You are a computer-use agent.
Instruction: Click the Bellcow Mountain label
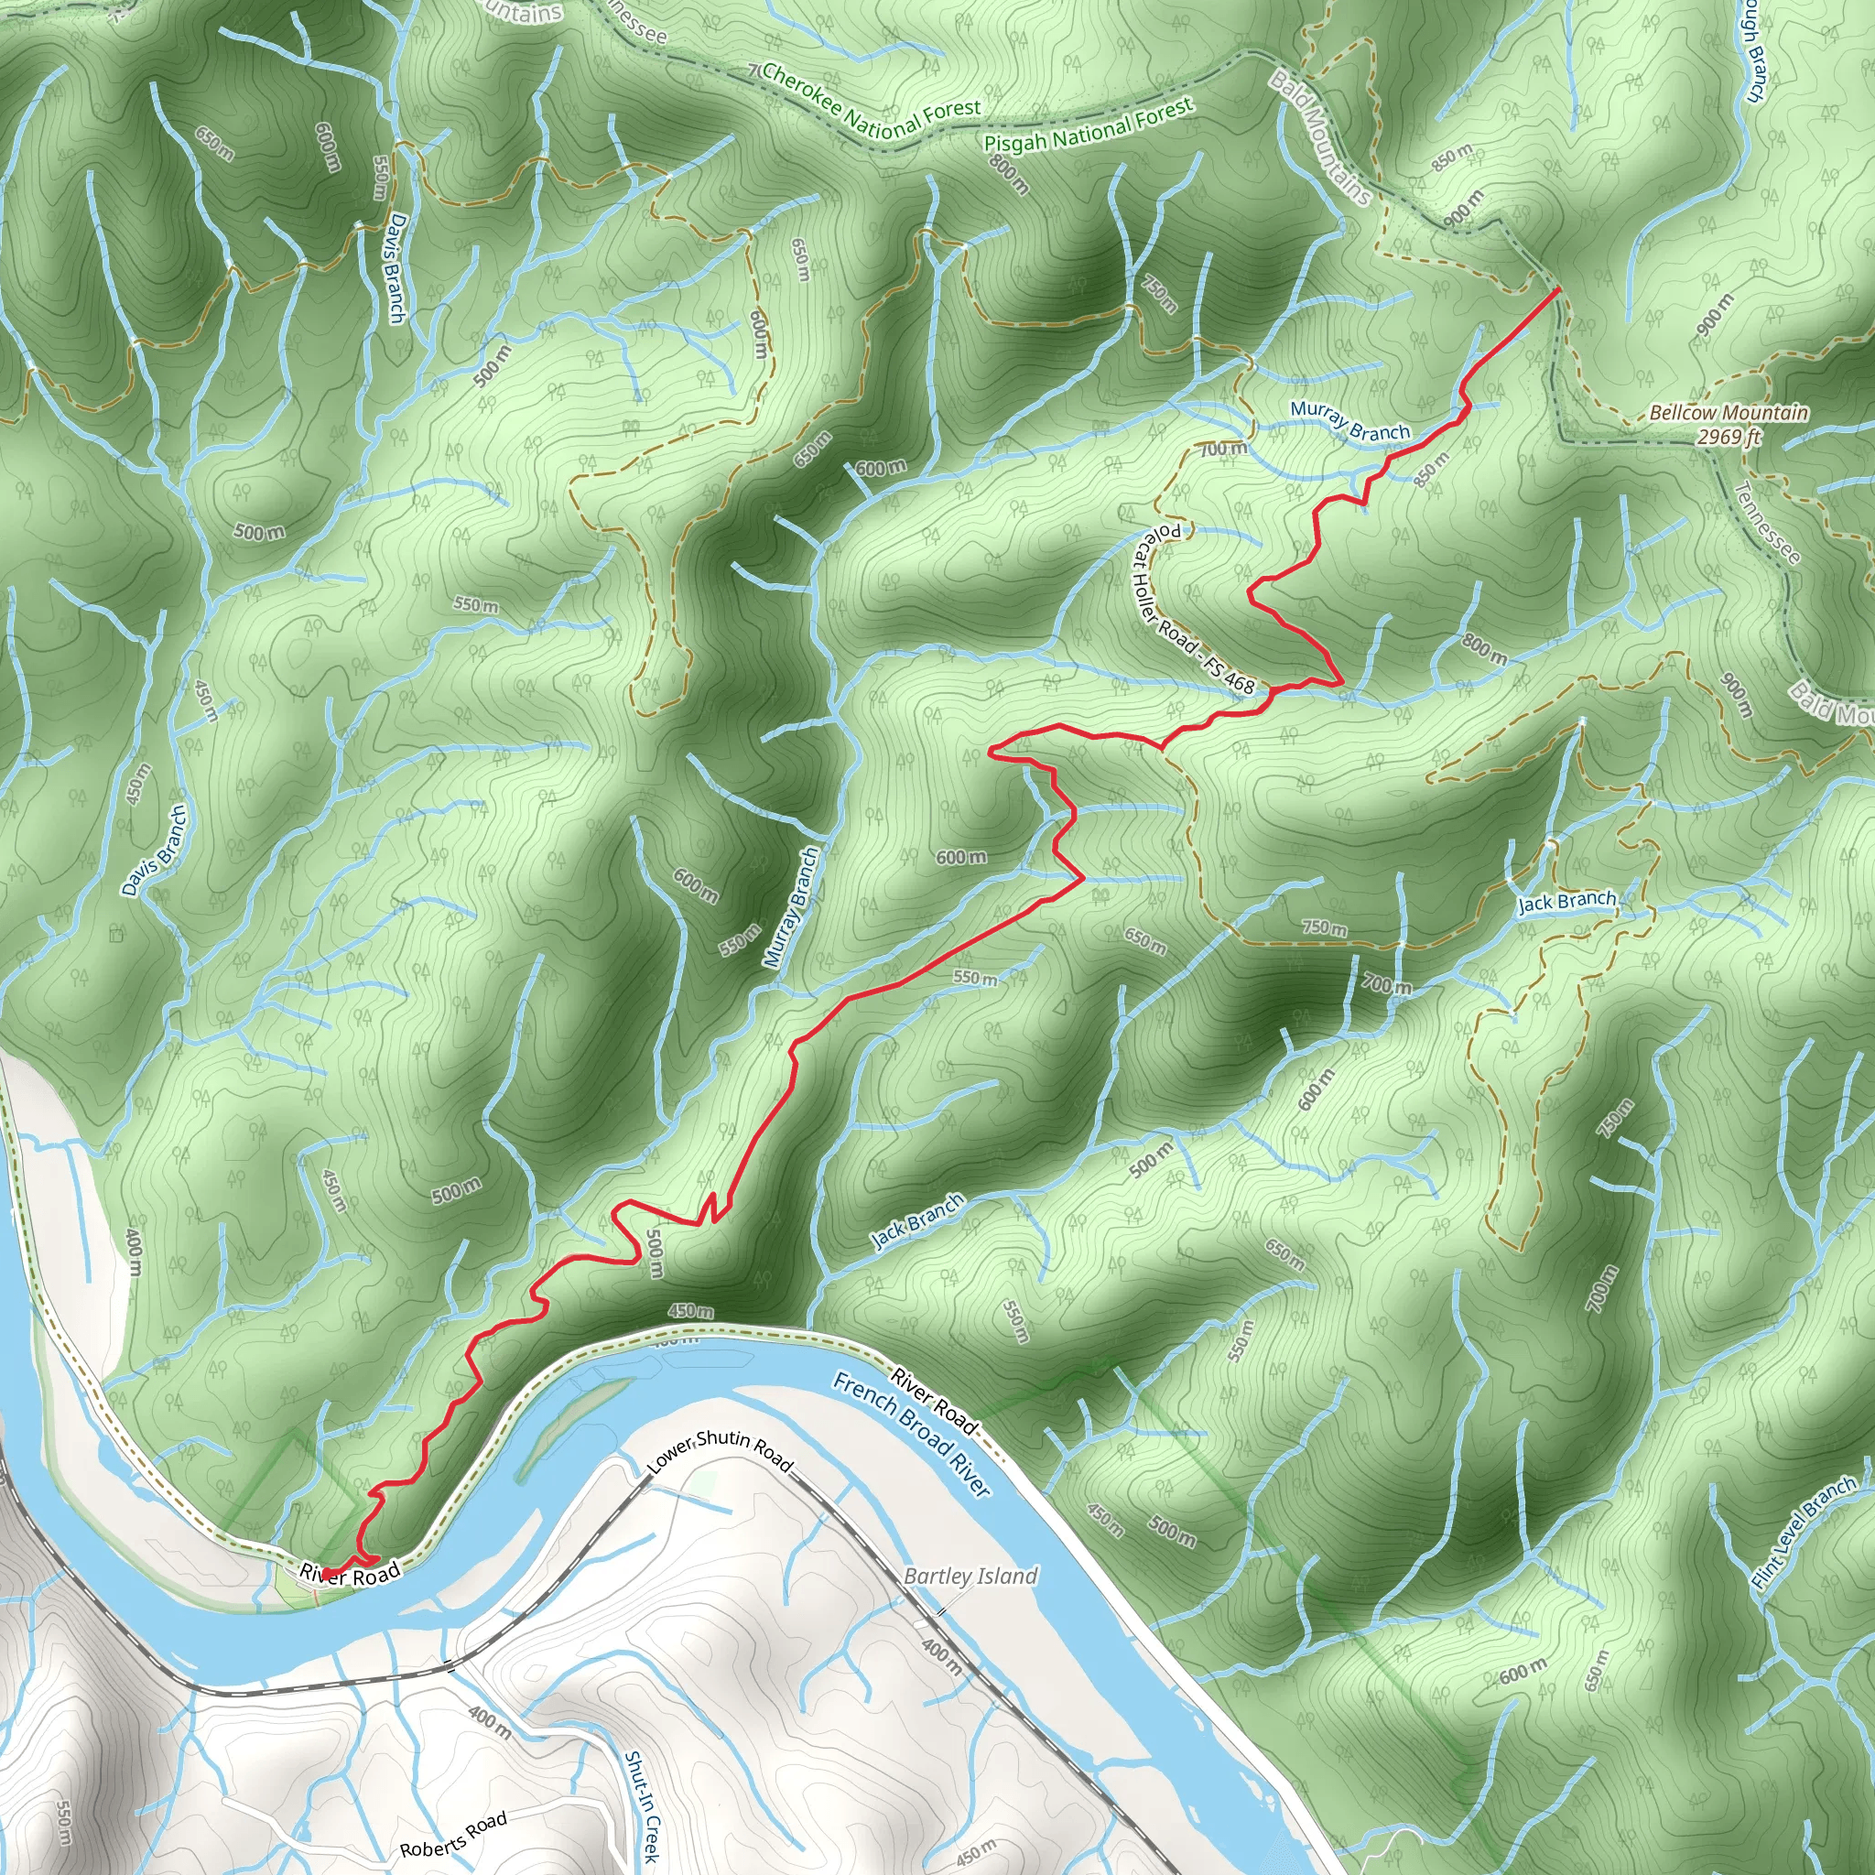point(1729,413)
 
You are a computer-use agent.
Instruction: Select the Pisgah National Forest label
point(1088,127)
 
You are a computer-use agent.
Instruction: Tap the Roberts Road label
point(453,1834)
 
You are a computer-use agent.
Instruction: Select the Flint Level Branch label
point(1805,1533)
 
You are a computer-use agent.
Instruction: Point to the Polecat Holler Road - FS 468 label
point(1194,609)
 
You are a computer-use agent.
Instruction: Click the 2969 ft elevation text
point(1729,437)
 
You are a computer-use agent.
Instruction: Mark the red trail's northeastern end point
point(1558,288)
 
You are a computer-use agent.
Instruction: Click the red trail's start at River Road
point(327,1573)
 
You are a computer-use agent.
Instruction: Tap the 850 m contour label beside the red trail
point(1433,470)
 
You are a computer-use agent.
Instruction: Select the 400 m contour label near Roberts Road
point(490,1720)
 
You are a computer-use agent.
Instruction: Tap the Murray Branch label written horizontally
point(1350,422)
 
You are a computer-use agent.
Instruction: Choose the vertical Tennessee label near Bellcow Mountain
point(1766,523)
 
